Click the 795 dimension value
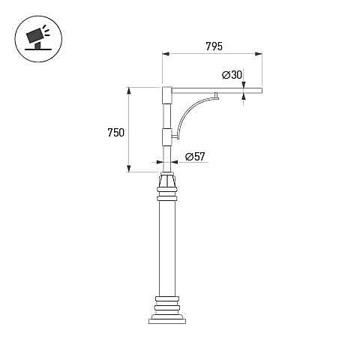coord(214,46)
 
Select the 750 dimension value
coord(115,133)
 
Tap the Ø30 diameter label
coord(232,75)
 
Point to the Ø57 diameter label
coord(195,157)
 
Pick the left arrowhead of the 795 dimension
coord(166,54)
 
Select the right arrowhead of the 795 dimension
coord(259,54)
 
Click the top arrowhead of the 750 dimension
coord(129,91)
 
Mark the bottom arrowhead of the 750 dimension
coord(129,169)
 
